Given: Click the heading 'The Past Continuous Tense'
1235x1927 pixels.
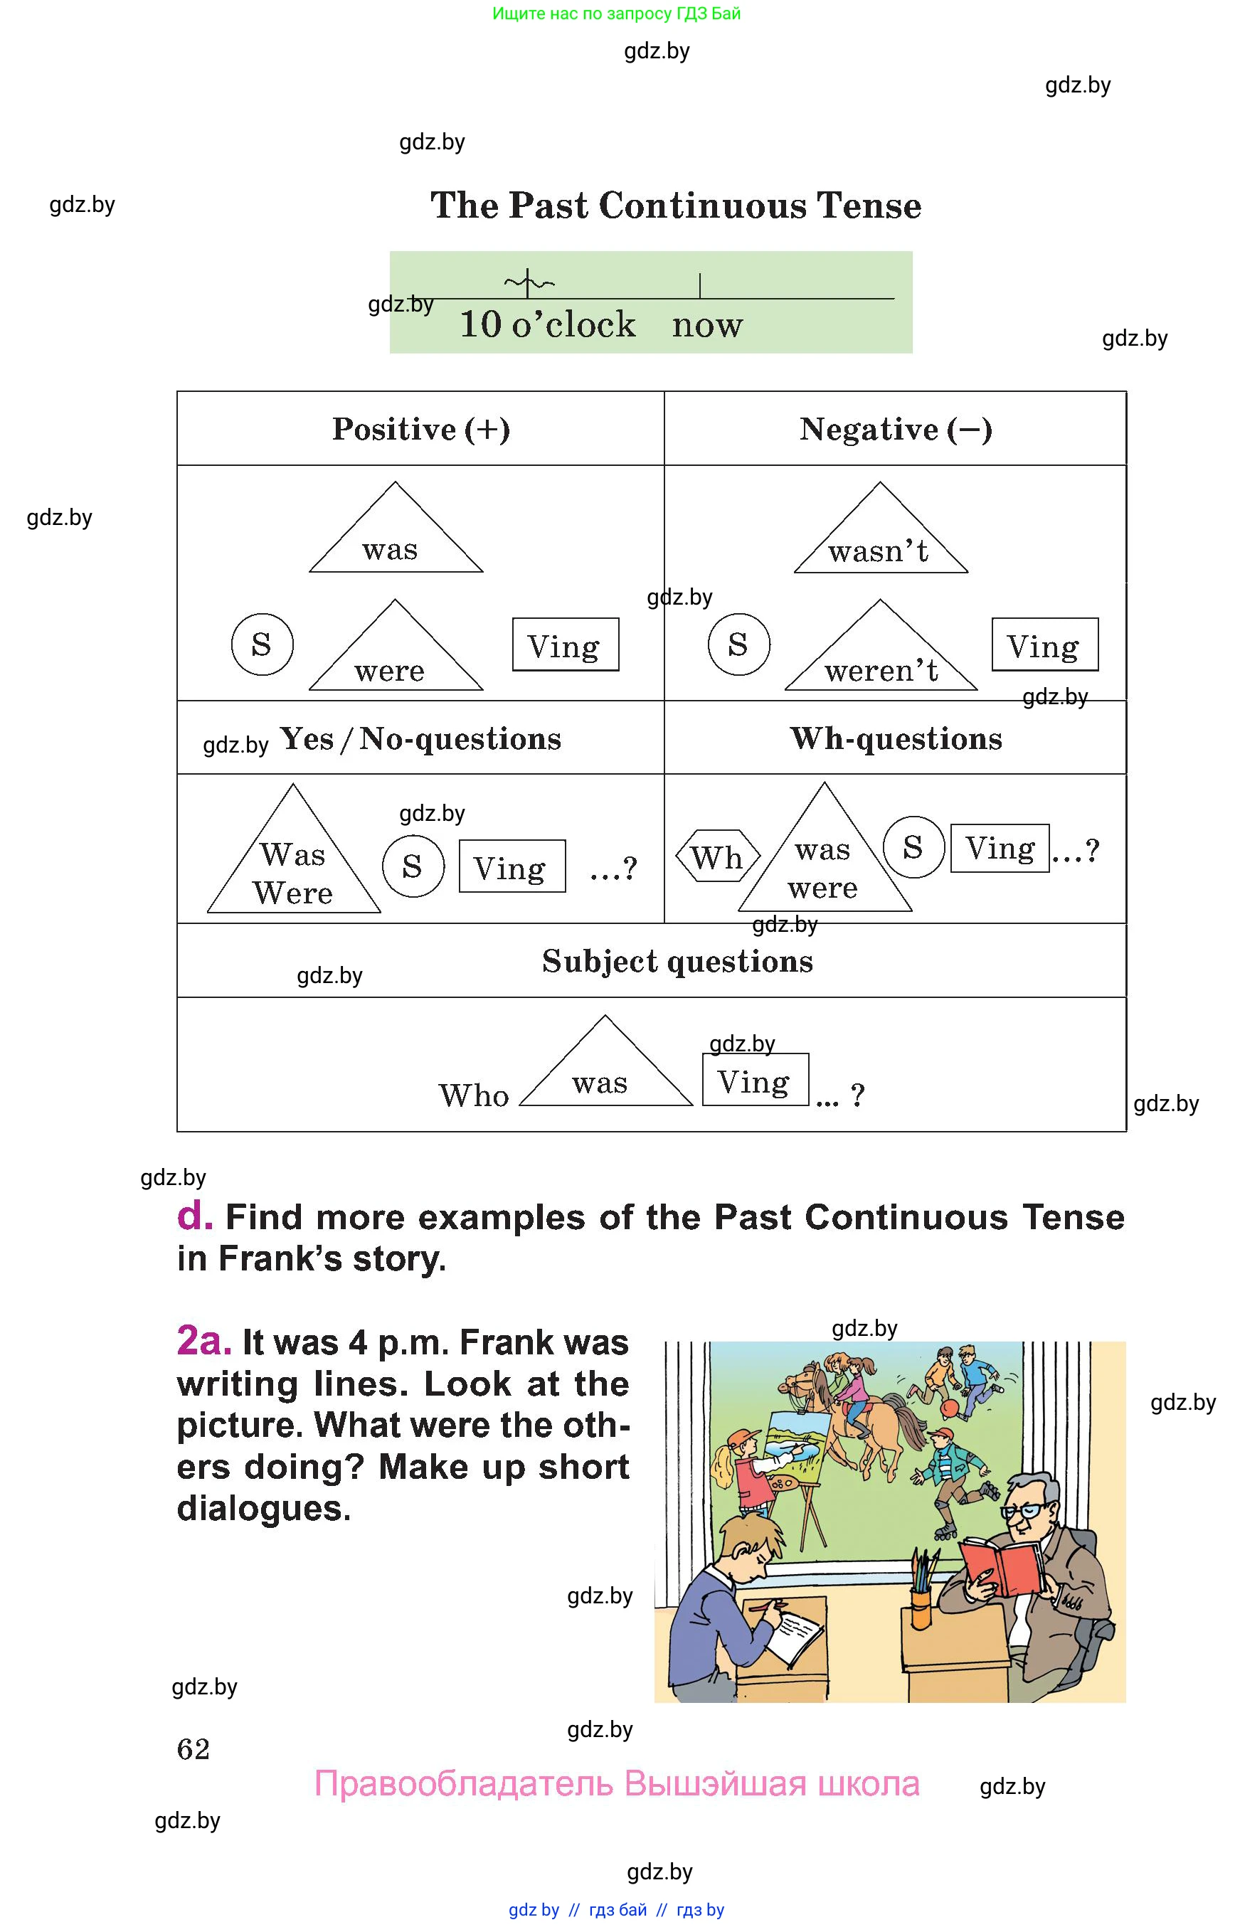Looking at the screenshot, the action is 675,206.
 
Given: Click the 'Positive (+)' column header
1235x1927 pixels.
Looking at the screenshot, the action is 421,429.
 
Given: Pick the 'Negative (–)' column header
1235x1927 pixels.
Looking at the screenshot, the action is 896,429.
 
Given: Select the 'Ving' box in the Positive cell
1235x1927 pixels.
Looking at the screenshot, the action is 566,644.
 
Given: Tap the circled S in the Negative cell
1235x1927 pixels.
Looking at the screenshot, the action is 738,644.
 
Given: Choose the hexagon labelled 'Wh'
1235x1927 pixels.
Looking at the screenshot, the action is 717,856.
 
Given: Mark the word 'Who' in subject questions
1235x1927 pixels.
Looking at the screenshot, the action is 474,1095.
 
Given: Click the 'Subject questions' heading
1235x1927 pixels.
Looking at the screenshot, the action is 678,962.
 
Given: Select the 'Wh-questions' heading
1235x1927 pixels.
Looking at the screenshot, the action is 896,738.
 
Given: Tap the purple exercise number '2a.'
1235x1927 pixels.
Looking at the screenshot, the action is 204,1341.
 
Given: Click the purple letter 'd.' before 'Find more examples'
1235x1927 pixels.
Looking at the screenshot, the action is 195,1216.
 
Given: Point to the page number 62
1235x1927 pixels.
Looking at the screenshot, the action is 194,1749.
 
